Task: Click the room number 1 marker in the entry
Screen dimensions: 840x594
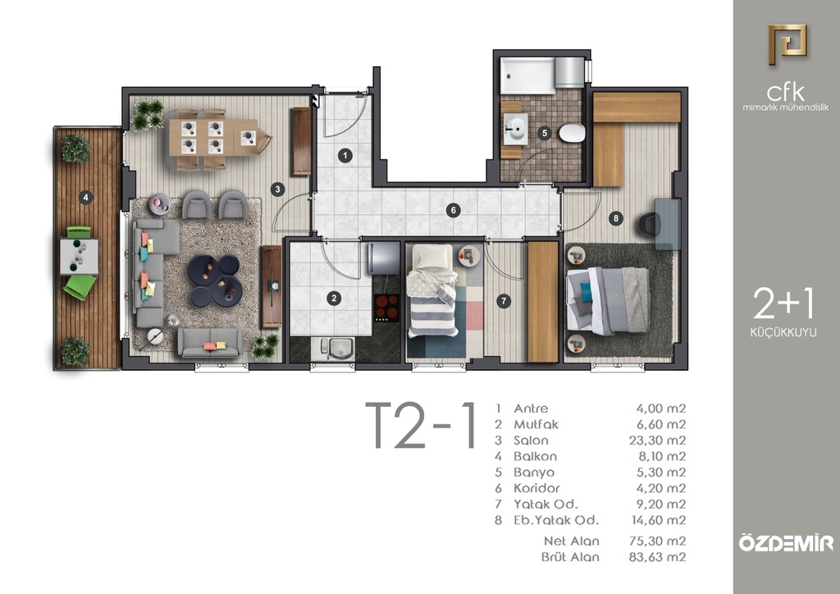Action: [x=345, y=156]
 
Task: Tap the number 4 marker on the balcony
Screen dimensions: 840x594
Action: [x=85, y=198]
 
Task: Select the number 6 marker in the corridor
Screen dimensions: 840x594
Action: [x=453, y=211]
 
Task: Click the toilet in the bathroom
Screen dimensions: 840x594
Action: [x=572, y=133]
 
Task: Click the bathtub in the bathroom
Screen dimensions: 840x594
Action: [x=528, y=75]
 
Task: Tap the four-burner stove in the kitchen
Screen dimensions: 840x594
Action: [x=387, y=308]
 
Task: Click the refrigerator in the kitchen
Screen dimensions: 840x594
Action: [x=383, y=258]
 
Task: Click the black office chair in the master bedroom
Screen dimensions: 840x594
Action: [x=650, y=223]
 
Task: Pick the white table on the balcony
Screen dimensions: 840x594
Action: [x=80, y=257]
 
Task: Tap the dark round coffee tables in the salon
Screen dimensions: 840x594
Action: [x=216, y=280]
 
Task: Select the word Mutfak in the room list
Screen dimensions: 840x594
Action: [x=536, y=424]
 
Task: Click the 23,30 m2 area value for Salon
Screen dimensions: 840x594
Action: [x=657, y=441]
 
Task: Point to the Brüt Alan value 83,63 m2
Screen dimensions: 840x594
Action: [x=657, y=557]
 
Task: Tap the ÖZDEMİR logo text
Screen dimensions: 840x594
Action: [x=786, y=542]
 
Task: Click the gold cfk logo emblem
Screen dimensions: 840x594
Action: [x=787, y=44]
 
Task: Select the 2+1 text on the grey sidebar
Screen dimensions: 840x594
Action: [x=783, y=304]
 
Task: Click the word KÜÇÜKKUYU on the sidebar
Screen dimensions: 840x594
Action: [x=783, y=332]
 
